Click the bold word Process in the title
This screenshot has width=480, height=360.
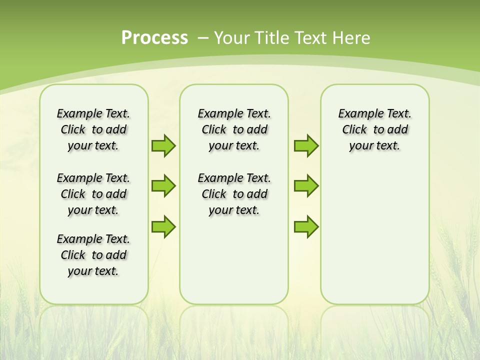[154, 38]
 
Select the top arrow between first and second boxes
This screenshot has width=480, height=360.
[163, 145]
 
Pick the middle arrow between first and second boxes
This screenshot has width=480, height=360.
[163, 186]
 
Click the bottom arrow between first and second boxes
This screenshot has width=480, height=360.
[163, 226]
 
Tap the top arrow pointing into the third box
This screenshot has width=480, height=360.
[306, 145]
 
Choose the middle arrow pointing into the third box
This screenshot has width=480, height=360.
[306, 186]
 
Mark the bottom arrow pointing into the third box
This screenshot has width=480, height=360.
[306, 226]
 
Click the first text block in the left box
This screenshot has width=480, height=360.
[93, 129]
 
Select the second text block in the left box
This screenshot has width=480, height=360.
[93, 194]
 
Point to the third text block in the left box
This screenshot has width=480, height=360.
[93, 255]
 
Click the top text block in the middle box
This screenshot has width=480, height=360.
[234, 129]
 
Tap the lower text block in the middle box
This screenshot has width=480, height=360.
[234, 194]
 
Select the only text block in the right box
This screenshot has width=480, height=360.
[375, 129]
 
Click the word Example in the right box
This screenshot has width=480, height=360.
[357, 114]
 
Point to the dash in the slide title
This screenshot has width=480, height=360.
[203, 38]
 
